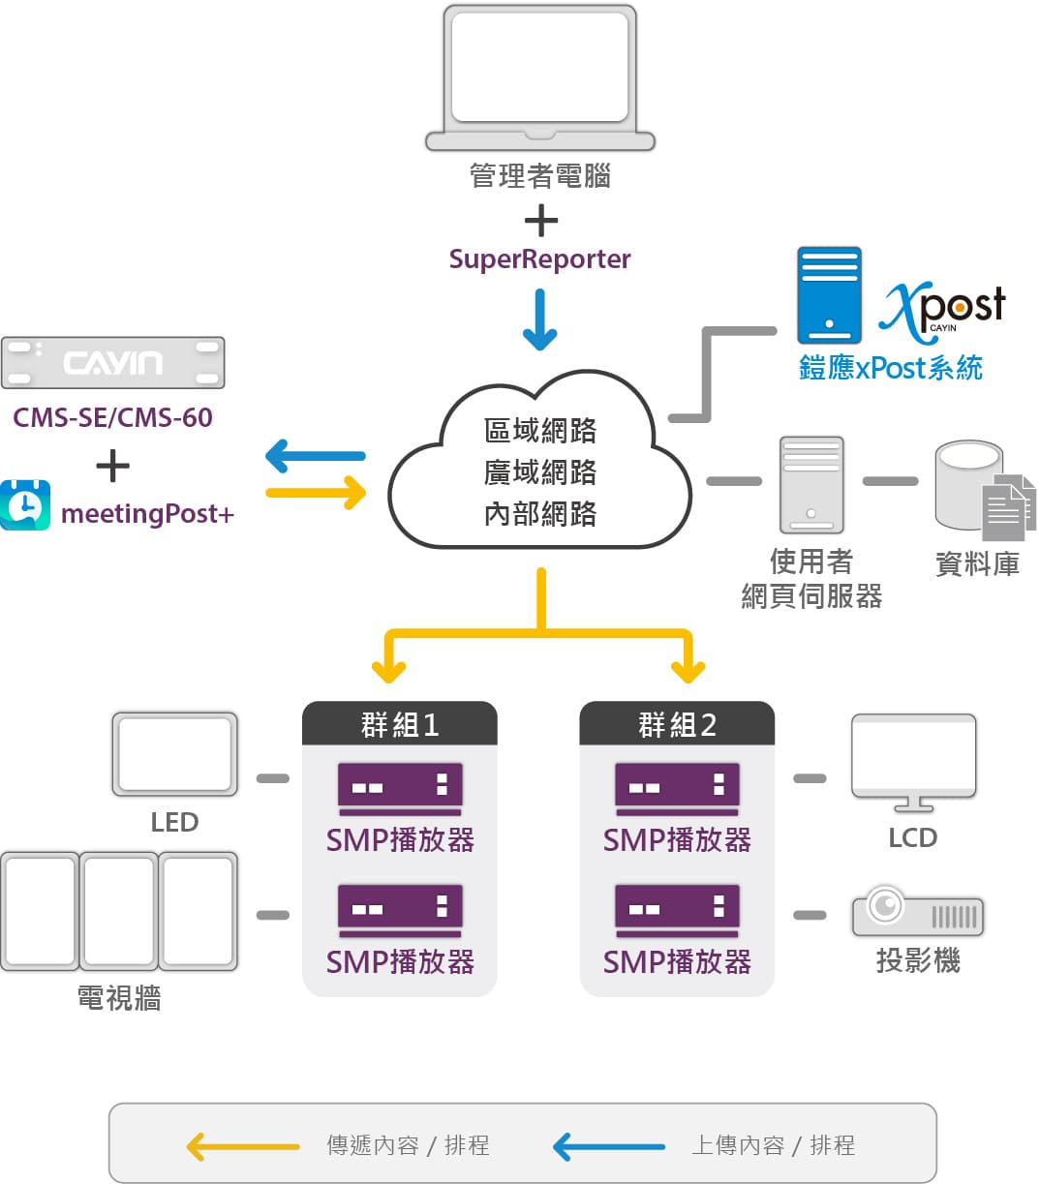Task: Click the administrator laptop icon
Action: pyautogui.click(x=539, y=77)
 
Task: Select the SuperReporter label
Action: pyautogui.click(x=539, y=259)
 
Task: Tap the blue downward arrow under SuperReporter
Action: pyautogui.click(x=539, y=319)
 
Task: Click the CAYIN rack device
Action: pyautogui.click(x=112, y=363)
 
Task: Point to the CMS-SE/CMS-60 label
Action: pyautogui.click(x=112, y=418)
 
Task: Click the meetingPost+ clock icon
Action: pyautogui.click(x=25, y=504)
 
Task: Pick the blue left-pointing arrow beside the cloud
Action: pyautogui.click(x=315, y=454)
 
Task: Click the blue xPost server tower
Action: pyautogui.click(x=829, y=295)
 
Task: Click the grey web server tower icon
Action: pyautogui.click(x=811, y=484)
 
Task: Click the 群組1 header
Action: pyautogui.click(x=399, y=724)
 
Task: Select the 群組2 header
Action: pyautogui.click(x=677, y=724)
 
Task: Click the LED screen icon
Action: pyautogui.click(x=174, y=754)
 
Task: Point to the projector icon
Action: pyautogui.click(x=917, y=911)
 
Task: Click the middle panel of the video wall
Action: pyautogui.click(x=118, y=911)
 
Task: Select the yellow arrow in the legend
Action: pyautogui.click(x=242, y=1146)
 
